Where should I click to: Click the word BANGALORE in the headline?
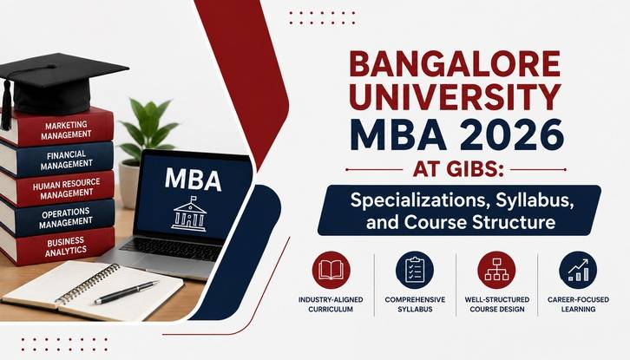(455, 64)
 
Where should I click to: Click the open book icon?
(331, 270)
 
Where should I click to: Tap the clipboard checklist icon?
(414, 270)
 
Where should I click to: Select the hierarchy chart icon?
(496, 270)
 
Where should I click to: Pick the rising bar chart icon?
(578, 270)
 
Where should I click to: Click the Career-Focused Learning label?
(578, 304)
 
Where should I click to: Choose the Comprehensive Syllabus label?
(415, 304)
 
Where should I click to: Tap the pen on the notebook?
(126, 292)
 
